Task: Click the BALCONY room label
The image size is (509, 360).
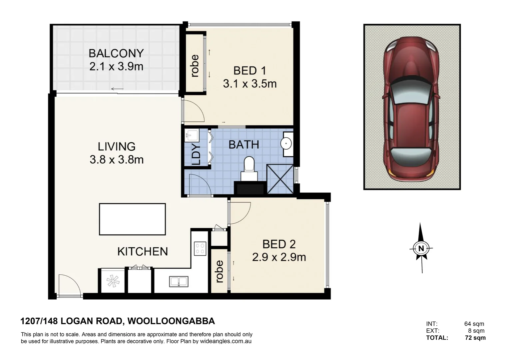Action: [x=116, y=53]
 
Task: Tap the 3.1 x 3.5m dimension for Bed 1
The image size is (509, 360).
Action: [x=250, y=84]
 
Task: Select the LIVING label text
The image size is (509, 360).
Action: [x=116, y=146]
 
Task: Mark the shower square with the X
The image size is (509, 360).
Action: [x=280, y=179]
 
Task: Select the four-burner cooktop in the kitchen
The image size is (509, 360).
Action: [x=200, y=249]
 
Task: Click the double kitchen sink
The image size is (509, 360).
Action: [x=179, y=281]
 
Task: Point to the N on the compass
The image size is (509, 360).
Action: [x=421, y=248]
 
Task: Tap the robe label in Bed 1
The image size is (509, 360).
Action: [x=195, y=66]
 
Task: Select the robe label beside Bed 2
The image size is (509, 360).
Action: [x=219, y=272]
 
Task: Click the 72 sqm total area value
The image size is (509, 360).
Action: [x=475, y=338]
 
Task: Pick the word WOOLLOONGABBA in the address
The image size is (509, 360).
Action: [x=171, y=321]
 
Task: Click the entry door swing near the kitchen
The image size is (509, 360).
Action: [x=69, y=285]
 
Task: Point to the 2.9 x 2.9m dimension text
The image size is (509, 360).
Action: [x=279, y=257]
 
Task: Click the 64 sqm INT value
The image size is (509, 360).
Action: [x=474, y=324]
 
